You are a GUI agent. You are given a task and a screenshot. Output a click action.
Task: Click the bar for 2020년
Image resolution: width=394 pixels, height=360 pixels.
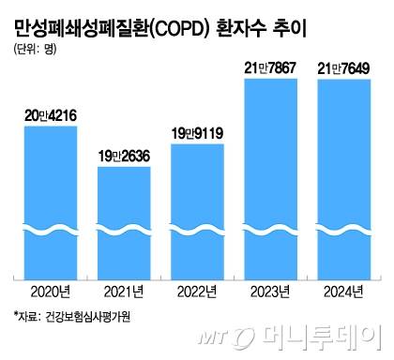[52, 202]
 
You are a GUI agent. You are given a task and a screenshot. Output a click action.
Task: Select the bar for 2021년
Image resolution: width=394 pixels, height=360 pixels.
[125, 220]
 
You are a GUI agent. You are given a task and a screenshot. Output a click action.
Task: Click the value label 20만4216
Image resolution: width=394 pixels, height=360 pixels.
[52, 115]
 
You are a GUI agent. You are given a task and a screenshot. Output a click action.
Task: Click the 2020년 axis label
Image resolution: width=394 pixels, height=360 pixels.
[52, 292]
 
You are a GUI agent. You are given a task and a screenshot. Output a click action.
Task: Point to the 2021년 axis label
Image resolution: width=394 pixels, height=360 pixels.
[125, 292]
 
